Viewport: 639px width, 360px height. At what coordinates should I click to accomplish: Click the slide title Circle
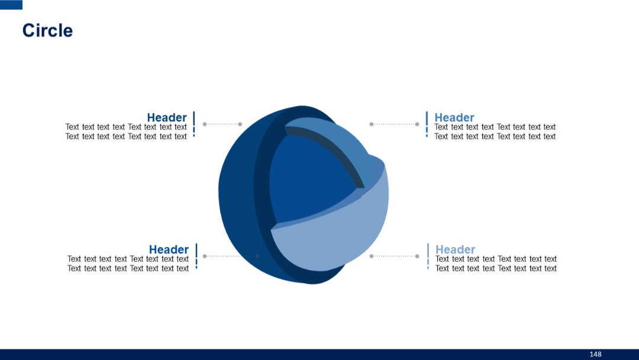coord(47,31)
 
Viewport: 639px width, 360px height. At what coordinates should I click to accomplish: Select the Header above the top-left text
coord(167,117)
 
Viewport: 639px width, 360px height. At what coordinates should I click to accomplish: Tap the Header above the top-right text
coord(454,117)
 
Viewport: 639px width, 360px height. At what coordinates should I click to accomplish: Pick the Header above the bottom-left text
coord(169,249)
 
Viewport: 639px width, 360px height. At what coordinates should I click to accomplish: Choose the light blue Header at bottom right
coord(456,249)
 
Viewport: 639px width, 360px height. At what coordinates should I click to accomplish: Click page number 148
coord(595,354)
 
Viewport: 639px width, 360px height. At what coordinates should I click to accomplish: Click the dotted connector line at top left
coord(222,124)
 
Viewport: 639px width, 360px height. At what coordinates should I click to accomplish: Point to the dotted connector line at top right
coord(394,124)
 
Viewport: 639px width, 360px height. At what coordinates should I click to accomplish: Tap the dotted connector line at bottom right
coord(394,256)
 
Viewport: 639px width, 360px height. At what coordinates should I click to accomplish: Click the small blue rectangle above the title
coord(11,5)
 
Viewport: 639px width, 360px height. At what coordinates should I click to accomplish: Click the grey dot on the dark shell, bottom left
coord(257,256)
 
